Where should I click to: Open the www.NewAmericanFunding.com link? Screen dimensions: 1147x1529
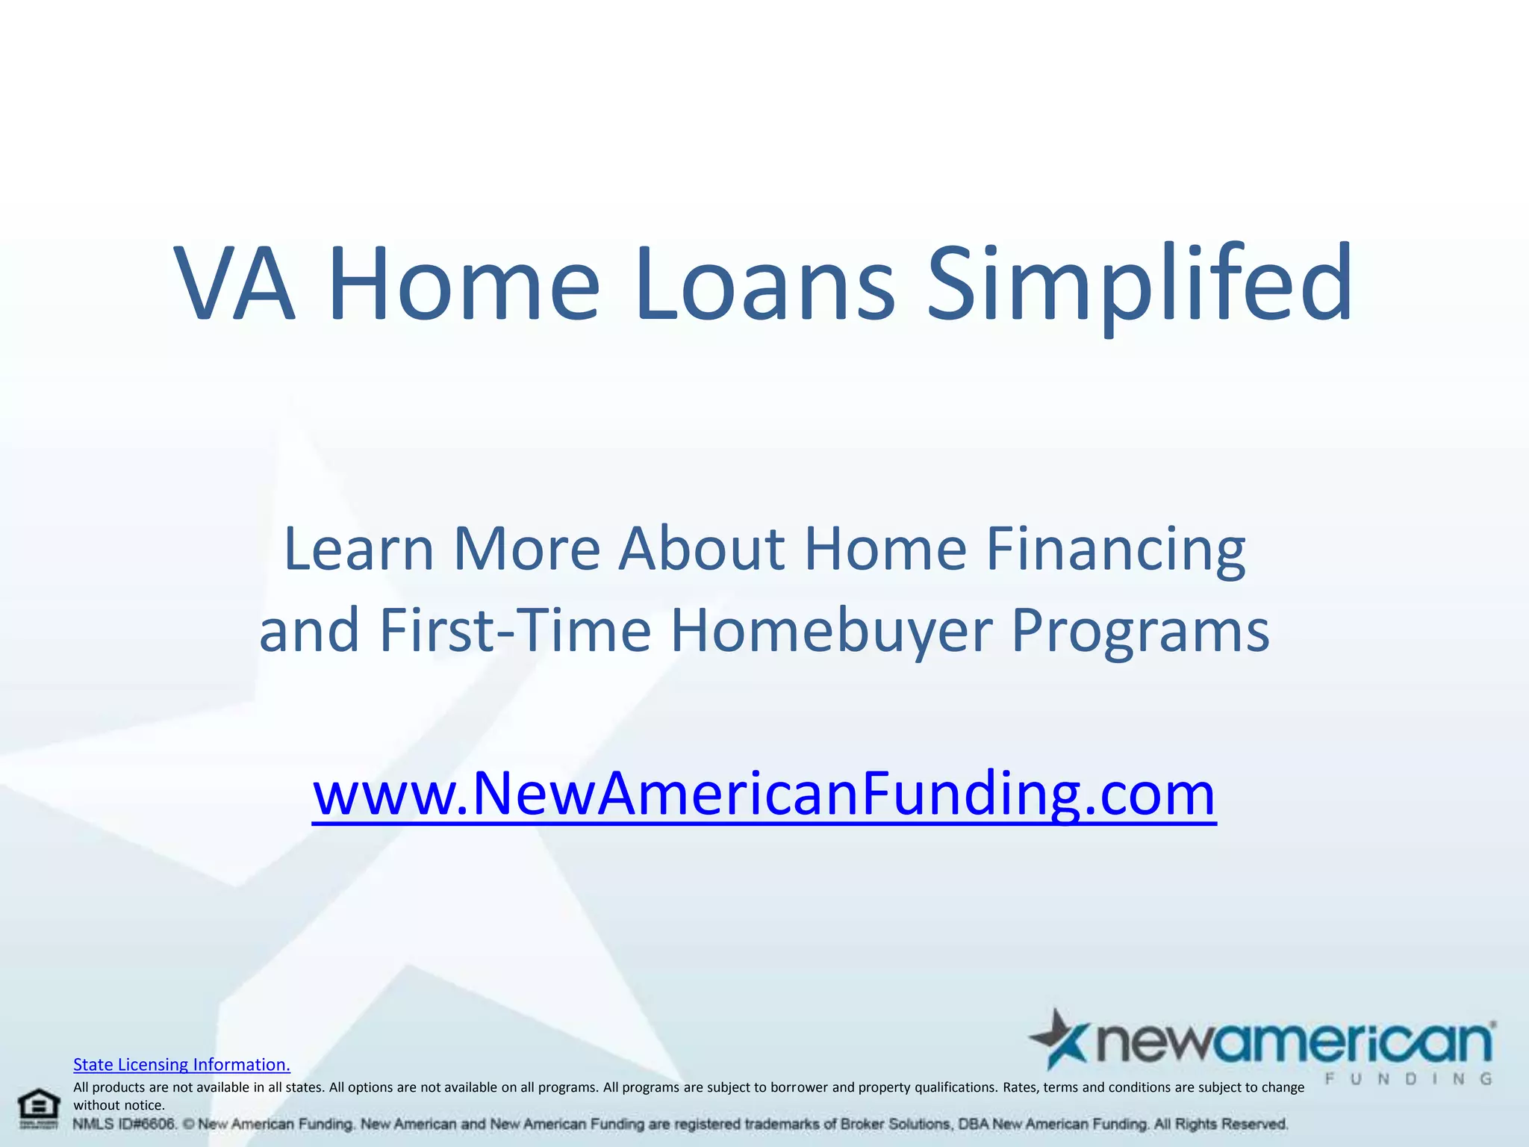tap(764, 794)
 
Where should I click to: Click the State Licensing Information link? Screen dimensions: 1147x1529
tap(181, 1064)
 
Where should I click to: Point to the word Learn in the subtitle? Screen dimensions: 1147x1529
tap(358, 550)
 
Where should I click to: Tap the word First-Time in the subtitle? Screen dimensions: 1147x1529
tap(515, 630)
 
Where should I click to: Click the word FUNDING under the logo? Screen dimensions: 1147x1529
tap(1409, 1079)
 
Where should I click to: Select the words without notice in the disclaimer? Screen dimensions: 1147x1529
tap(119, 1105)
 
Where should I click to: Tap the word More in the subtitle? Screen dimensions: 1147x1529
tap(526, 550)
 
